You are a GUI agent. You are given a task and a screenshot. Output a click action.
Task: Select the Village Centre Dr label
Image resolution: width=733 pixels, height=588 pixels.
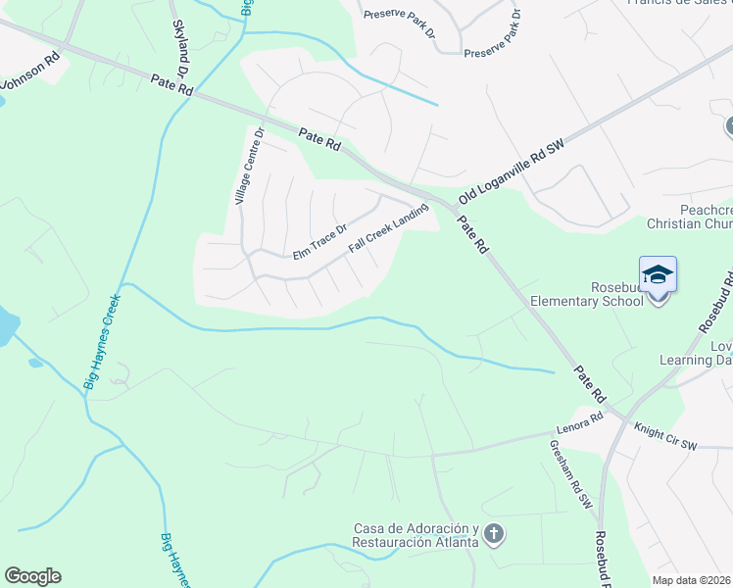249,167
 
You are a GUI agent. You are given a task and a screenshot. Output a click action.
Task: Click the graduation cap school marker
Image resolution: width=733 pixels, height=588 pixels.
658,275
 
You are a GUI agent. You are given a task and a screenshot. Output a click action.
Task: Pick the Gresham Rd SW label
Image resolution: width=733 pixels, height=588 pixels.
571,472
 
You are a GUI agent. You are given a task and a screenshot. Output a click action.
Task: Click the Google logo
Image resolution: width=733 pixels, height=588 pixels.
32,576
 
